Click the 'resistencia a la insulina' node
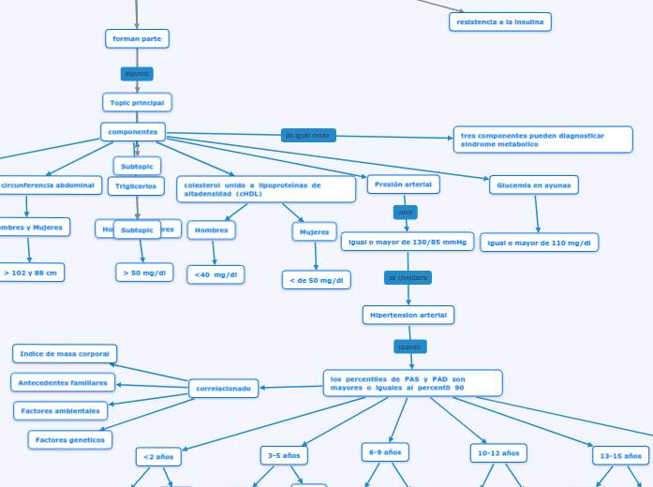pyautogui.click(x=500, y=22)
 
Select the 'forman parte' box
pyautogui.click(x=137, y=38)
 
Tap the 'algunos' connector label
pyautogui.click(x=137, y=73)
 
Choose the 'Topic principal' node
pyautogui.click(x=137, y=102)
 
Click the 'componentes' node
pyautogui.click(x=133, y=132)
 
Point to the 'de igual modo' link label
pyautogui.click(x=307, y=136)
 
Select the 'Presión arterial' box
pyautogui.click(x=403, y=184)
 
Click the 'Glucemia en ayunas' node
pyautogui.click(x=534, y=185)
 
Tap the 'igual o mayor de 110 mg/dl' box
pyautogui.click(x=540, y=243)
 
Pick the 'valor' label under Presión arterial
pyautogui.click(x=406, y=213)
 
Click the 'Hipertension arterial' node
pyautogui.click(x=408, y=315)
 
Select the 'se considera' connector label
pyautogui.click(x=408, y=278)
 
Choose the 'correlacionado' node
pyautogui.click(x=224, y=388)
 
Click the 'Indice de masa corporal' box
pyautogui.click(x=65, y=354)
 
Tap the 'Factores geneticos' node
pyautogui.click(x=70, y=439)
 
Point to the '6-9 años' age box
pyautogui.click(x=385, y=452)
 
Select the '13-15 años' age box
pyautogui.click(x=620, y=456)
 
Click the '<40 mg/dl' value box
pyautogui.click(x=215, y=274)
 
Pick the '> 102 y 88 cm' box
pyautogui.click(x=30, y=273)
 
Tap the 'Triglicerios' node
pyautogui.click(x=137, y=186)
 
